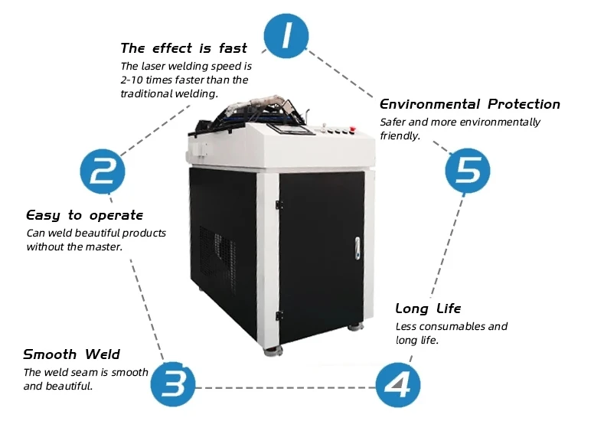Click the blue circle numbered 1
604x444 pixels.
[287, 37]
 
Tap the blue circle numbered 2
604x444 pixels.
[103, 171]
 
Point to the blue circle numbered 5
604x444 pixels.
[468, 169]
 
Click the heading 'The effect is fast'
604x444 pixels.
[184, 48]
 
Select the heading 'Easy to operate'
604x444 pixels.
[84, 215]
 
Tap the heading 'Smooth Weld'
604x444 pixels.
[71, 354]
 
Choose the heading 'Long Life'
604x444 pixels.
[428, 309]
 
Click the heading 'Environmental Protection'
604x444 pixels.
[469, 104]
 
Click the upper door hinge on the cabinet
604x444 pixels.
[278, 203]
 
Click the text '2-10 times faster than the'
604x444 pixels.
[184, 80]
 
